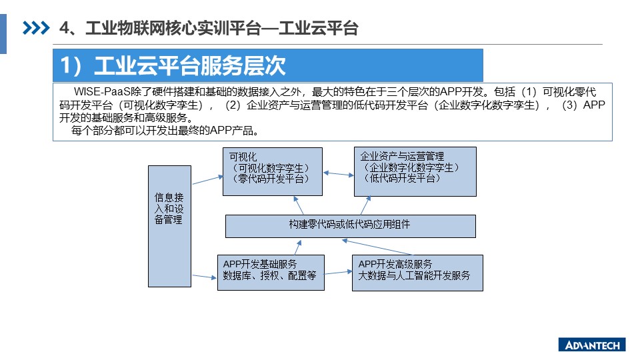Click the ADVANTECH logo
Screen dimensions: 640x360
592,345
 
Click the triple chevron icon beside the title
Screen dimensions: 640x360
36,28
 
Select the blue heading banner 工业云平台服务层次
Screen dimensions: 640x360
268,65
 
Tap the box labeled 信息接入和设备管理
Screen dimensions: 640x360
169,226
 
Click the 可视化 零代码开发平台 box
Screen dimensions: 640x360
273,171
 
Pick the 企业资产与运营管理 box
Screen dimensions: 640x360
415,171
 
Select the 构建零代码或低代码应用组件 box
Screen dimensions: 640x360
351,226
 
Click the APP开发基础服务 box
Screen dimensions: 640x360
271,273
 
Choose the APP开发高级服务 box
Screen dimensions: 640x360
417,273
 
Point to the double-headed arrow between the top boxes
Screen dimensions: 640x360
339,174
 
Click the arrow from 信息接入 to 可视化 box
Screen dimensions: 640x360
208,180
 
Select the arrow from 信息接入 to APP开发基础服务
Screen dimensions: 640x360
204,277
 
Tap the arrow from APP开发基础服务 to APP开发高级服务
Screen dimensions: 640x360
338,272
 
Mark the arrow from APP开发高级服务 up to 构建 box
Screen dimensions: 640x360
377,247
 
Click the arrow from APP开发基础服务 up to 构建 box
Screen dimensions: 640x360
299,247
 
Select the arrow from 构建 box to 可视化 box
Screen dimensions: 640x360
299,205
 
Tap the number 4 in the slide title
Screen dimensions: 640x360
65,28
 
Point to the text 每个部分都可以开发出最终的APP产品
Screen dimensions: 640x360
165,131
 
